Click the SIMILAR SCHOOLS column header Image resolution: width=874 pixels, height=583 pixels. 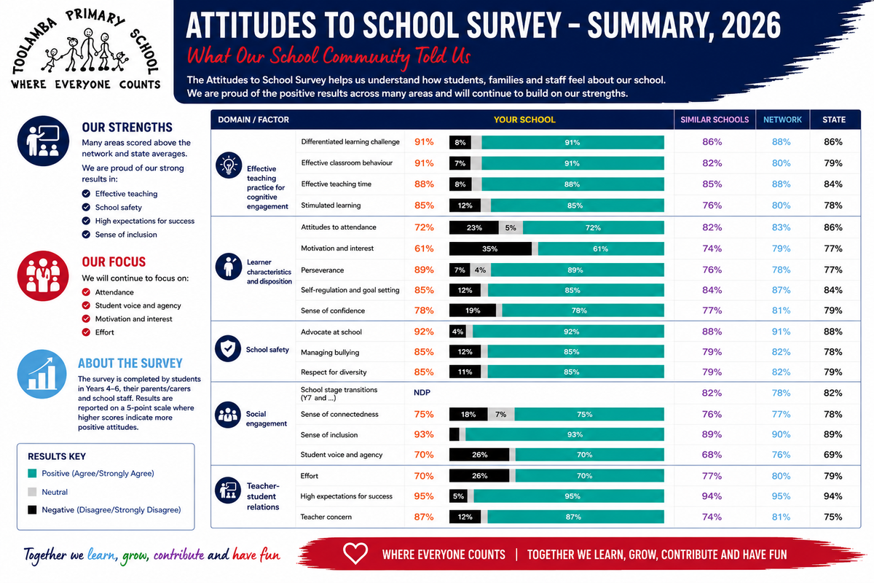coord(714,120)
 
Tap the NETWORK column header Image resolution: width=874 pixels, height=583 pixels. coord(782,120)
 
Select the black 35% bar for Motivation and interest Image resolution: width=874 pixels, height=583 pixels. coord(490,249)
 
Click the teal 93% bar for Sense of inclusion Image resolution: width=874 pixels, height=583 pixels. coord(564,434)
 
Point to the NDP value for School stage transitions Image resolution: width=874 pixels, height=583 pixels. coord(422,393)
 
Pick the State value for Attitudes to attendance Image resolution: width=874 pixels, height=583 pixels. coord(833,227)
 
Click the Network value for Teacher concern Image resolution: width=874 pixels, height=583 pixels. coord(781,517)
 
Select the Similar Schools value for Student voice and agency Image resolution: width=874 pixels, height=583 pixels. coord(712,455)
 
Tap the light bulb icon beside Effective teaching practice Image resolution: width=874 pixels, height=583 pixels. coord(229,165)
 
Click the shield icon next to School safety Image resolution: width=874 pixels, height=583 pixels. coord(228,348)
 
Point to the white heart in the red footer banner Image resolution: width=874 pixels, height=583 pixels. coord(355,553)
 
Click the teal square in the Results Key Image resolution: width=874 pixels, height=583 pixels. coord(32,473)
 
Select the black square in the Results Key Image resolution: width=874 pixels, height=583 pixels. coord(32,509)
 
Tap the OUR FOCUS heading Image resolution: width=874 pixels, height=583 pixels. coord(114,262)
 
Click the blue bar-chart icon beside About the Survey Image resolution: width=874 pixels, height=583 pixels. coord(42,374)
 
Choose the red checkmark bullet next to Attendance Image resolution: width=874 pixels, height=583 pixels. coord(86,292)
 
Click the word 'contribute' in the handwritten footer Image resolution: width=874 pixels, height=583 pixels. coord(178,555)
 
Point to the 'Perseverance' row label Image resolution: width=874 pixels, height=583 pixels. coord(322,270)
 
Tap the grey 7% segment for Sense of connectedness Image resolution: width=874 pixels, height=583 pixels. coord(501,415)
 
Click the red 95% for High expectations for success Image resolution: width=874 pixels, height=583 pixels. coord(424,496)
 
